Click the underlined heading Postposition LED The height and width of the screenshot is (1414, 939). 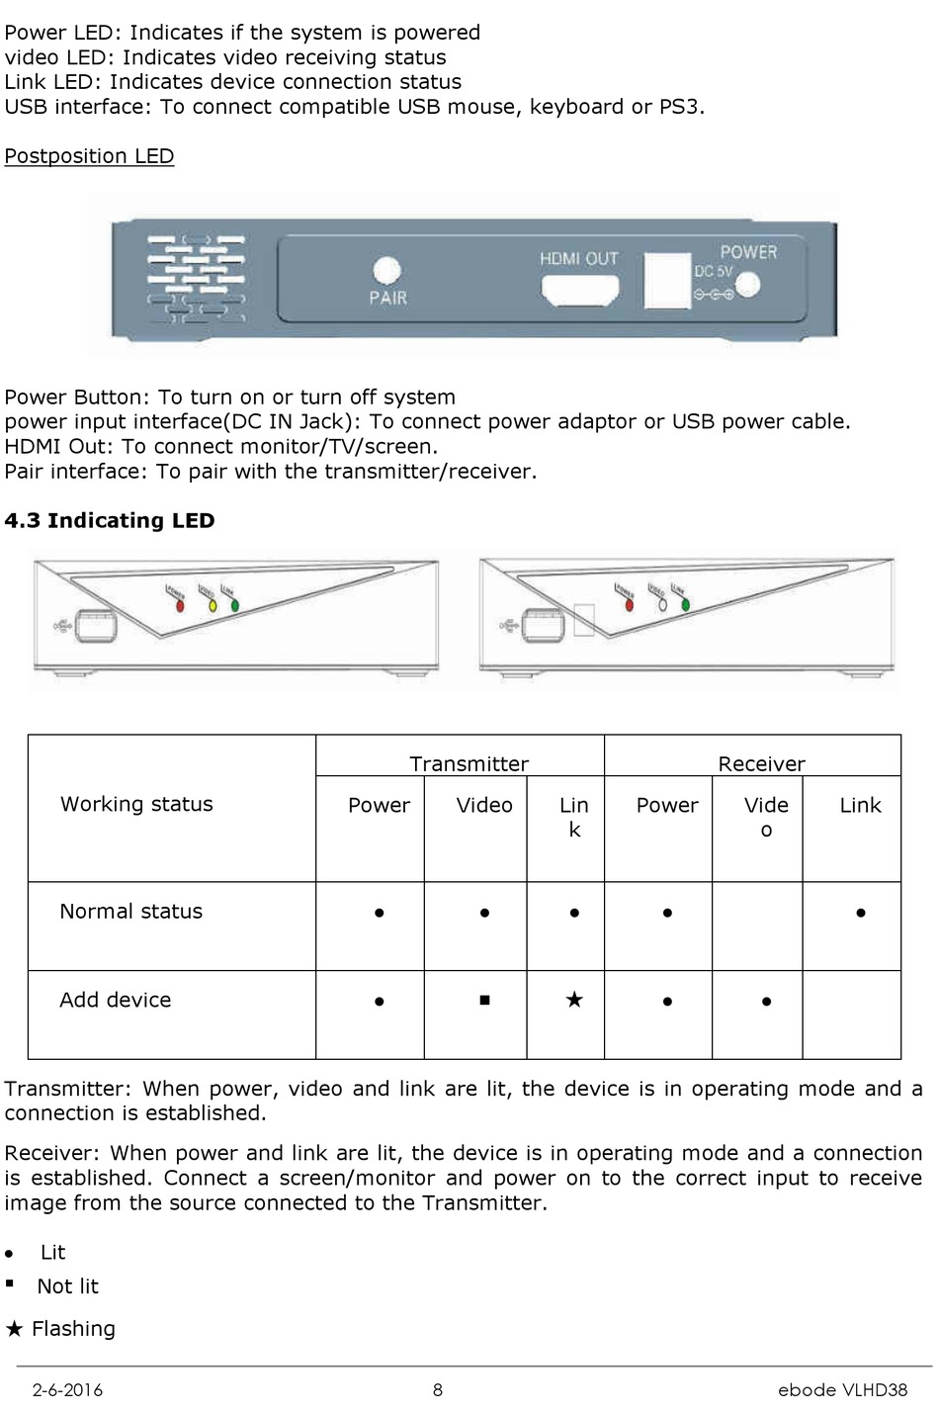(89, 156)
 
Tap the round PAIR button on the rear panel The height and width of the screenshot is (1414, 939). (386, 270)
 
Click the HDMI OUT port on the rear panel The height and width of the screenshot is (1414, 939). (580, 290)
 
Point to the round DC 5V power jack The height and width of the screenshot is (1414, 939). (747, 285)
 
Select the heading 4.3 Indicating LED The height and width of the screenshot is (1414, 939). (110, 521)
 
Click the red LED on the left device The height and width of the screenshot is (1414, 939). (180, 605)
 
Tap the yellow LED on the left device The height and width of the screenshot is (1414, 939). (212, 604)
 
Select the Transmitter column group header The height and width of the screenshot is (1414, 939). (469, 763)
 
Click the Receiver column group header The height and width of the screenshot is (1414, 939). (761, 763)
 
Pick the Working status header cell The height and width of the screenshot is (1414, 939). (136, 804)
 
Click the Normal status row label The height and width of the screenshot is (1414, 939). (130, 912)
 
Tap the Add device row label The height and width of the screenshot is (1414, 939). (115, 1000)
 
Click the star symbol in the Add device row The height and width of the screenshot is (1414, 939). (574, 1000)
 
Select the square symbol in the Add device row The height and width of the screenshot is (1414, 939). (484, 1000)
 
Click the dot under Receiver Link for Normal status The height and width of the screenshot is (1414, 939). (861, 913)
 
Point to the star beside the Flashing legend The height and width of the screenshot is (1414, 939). (14, 1328)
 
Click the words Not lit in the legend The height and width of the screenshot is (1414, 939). (67, 1286)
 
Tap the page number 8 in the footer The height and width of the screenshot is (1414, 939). (438, 1389)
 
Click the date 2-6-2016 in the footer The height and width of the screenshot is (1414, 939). (67, 1389)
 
